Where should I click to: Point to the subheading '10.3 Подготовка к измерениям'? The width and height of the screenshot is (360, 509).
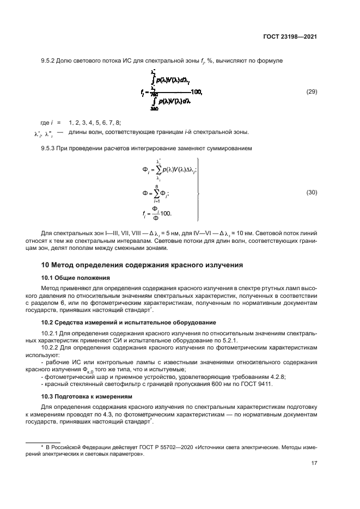click(x=78, y=396)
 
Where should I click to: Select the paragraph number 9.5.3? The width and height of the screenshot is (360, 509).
click(x=50, y=148)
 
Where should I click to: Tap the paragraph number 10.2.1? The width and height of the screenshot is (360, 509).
click(x=52, y=332)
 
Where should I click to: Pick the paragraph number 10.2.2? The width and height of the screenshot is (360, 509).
click(x=52, y=347)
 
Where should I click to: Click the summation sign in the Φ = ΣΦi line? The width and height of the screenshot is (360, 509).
click(x=156, y=193)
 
